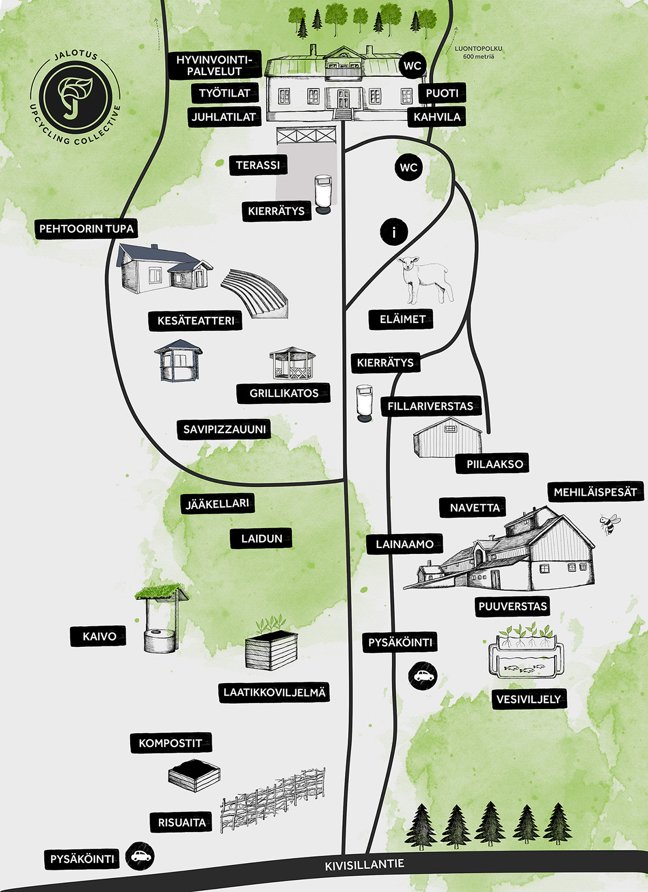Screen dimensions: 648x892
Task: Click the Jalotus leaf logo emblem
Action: pyautogui.click(x=76, y=97)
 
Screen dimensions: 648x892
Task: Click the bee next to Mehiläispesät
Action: pyautogui.click(x=609, y=523)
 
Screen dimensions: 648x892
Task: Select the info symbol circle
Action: pyautogui.click(x=394, y=233)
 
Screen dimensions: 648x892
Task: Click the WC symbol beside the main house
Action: pyautogui.click(x=412, y=66)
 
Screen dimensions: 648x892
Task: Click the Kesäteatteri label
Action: pyautogui.click(x=195, y=321)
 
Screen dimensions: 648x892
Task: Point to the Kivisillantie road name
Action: pyautogui.click(x=364, y=864)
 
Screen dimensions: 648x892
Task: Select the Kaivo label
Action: pyautogui.click(x=99, y=636)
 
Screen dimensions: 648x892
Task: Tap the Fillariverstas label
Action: pyautogui.click(x=430, y=406)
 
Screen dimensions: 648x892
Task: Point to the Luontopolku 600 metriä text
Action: pyautogui.click(x=478, y=52)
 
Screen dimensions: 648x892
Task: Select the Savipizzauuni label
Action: pyautogui.click(x=224, y=430)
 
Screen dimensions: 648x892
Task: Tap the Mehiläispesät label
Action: pyautogui.click(x=595, y=492)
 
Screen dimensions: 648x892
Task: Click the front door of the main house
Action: pyautogui.click(x=343, y=99)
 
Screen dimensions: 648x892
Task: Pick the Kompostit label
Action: pyautogui.click(x=170, y=743)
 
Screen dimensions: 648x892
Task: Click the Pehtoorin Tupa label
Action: pyautogui.click(x=86, y=228)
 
